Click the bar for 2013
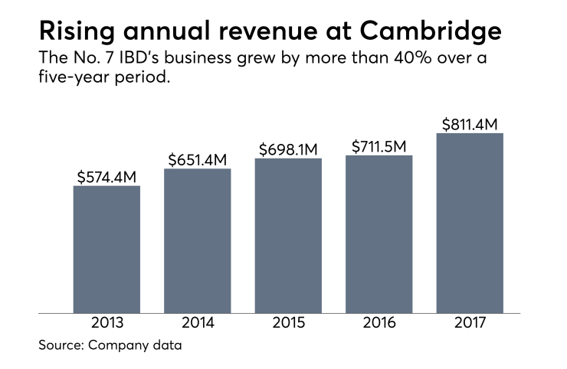(x=107, y=249)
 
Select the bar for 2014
(x=197, y=240)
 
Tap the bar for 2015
(x=288, y=235)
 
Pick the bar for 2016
(x=379, y=233)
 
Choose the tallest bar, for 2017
(x=470, y=223)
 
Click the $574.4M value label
(x=107, y=177)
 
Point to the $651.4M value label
(x=198, y=159)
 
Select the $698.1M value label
(x=289, y=149)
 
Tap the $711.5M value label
(x=379, y=146)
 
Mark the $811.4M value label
(x=470, y=124)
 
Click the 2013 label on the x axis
(x=107, y=323)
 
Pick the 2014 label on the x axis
(x=197, y=323)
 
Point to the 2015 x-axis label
(x=288, y=323)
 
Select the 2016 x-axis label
(x=379, y=323)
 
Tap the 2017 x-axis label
(x=470, y=323)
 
